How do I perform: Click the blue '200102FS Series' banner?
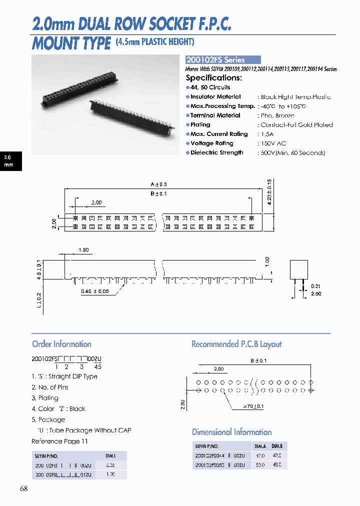[x=223, y=60]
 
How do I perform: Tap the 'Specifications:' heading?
[x=213, y=78]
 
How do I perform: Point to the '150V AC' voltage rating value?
[x=273, y=143]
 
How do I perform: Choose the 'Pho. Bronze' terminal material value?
[x=277, y=115]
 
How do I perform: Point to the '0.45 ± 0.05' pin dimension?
[x=94, y=291]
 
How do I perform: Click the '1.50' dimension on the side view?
[x=83, y=249]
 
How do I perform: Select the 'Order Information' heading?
[x=61, y=344]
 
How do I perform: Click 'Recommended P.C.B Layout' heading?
[x=236, y=344]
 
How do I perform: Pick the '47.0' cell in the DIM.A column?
[x=260, y=456]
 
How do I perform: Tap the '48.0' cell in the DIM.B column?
[x=276, y=465]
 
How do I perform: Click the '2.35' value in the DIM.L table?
[x=110, y=465]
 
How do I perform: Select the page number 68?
[x=24, y=488]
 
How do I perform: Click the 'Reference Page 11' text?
[x=59, y=441]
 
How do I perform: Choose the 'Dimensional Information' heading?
[x=232, y=432]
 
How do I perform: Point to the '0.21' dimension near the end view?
[x=315, y=286]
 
